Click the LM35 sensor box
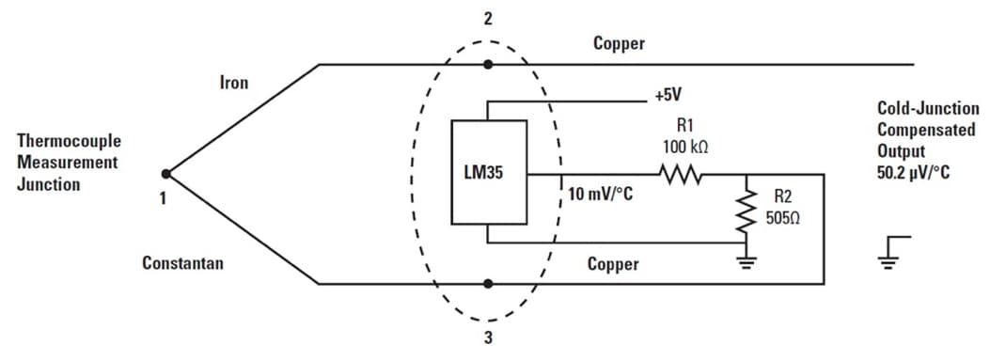489,173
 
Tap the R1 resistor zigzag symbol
679,174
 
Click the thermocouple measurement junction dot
166,173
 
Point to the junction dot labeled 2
487,65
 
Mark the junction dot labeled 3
487,283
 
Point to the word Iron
234,83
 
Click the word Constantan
182,263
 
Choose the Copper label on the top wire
620,43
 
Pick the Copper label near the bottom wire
613,263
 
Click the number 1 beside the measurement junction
164,198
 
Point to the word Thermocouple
69,141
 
